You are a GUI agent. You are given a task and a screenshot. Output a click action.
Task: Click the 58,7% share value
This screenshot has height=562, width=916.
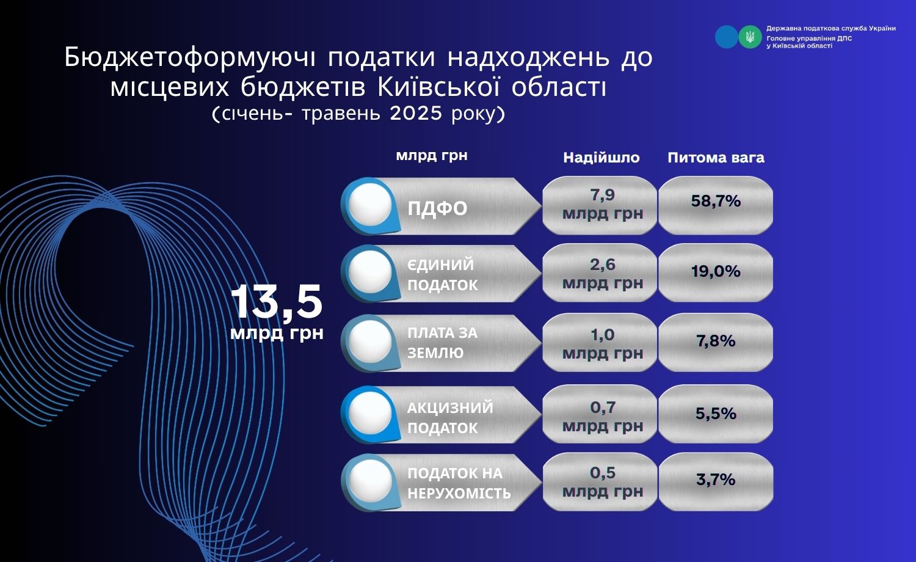[x=716, y=201]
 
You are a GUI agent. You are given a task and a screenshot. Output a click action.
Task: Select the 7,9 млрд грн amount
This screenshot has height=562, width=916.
[x=602, y=204]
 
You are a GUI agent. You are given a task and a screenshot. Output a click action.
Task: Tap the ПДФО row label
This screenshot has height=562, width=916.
[x=437, y=208]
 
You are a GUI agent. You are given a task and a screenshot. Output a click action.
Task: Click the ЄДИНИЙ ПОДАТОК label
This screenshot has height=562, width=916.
[x=443, y=275]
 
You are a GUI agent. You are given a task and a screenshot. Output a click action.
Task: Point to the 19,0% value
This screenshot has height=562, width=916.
[x=716, y=271]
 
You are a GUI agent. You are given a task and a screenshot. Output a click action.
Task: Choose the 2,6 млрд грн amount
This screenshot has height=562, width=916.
[x=602, y=274]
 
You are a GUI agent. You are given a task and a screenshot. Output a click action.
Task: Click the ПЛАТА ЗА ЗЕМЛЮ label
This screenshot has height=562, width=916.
[x=443, y=343]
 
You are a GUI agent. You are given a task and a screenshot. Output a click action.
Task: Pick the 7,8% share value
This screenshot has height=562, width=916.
[x=716, y=341]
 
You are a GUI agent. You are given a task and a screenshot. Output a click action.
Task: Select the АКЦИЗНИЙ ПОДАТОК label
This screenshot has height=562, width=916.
[x=450, y=418]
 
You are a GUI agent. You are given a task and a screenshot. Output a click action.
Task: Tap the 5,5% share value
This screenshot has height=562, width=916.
[x=716, y=414]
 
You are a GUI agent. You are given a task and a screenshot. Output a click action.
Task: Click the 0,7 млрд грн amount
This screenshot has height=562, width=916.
[x=602, y=417]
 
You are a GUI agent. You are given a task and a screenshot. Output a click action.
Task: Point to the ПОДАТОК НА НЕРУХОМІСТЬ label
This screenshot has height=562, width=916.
[x=459, y=483]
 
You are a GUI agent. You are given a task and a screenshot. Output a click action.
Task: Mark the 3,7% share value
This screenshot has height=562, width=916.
[x=716, y=480]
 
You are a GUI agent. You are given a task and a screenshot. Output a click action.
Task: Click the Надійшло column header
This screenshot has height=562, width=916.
[x=601, y=158]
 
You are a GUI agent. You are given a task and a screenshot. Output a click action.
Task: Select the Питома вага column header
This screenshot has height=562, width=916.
[x=716, y=158]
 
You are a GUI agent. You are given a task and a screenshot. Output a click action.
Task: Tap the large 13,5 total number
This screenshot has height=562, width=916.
[x=277, y=302]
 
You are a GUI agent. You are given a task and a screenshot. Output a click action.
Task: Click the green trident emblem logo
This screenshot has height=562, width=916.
[x=750, y=37]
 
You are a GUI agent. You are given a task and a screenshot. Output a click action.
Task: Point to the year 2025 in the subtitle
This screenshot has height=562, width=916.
[x=416, y=113]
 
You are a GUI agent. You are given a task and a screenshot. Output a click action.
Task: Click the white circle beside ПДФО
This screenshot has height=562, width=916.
[x=371, y=205]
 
